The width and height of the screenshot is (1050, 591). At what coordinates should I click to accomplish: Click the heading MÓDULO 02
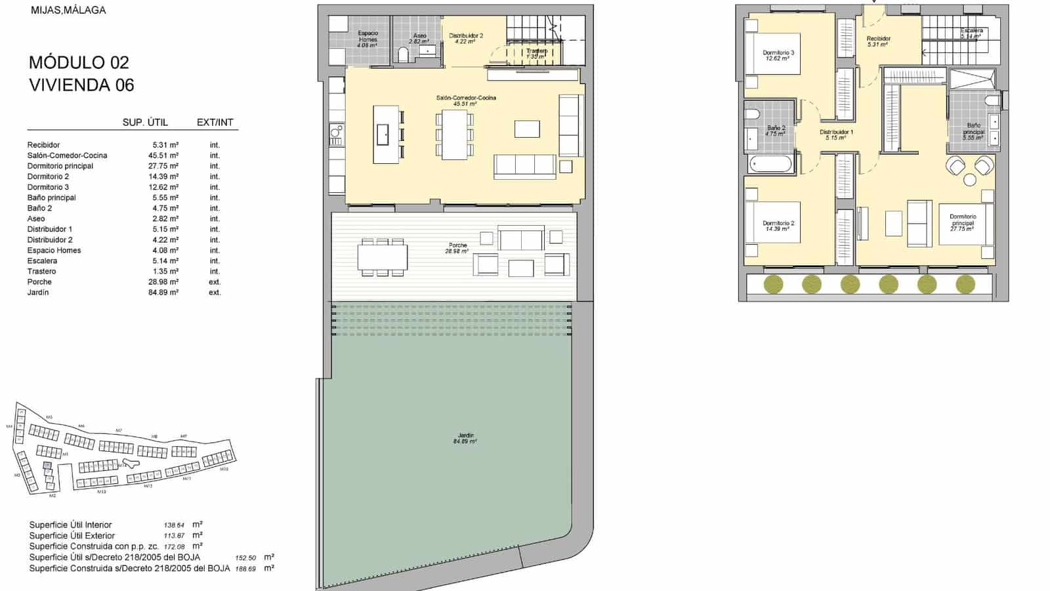pos(79,63)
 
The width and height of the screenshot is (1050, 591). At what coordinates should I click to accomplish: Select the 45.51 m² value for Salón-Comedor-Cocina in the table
pos(165,155)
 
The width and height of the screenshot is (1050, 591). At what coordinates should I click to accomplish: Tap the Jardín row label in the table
pos(38,293)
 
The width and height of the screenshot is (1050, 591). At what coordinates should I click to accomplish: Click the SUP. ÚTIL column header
pos(145,123)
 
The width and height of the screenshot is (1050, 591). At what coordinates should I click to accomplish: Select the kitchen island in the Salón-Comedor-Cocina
pos(385,134)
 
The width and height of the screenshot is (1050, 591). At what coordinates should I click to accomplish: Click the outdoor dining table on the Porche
pos(383,256)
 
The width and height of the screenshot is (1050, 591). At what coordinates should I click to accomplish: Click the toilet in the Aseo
pos(404,55)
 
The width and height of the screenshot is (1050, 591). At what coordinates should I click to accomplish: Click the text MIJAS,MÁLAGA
pos(68,10)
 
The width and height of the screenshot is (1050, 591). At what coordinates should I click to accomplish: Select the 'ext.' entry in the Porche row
pos(215,282)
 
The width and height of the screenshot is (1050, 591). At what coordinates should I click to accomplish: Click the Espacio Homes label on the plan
pos(367,37)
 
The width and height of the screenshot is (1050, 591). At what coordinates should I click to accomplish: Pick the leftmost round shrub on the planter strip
pos(773,284)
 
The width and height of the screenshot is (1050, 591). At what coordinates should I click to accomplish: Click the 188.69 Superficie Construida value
pos(245,569)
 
